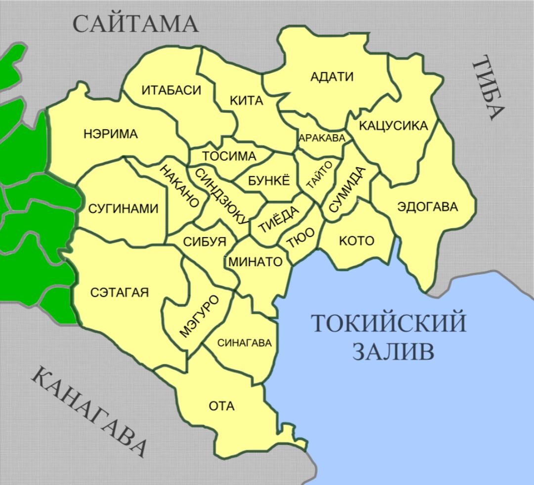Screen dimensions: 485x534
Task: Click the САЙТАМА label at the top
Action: [x=136, y=24]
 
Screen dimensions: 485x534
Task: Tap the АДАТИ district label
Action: [x=332, y=77]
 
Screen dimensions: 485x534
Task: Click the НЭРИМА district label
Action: [x=111, y=134]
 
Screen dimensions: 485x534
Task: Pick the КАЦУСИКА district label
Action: [x=393, y=126]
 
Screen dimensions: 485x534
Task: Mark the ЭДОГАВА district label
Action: [x=428, y=207]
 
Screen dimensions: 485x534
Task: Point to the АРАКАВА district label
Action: [x=322, y=139]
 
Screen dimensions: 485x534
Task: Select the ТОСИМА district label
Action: [x=229, y=156]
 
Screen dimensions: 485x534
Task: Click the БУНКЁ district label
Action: [x=269, y=180]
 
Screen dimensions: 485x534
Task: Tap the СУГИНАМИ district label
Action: [x=123, y=209]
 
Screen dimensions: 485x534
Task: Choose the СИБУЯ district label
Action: [x=204, y=242]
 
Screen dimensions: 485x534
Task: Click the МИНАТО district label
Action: [x=255, y=262]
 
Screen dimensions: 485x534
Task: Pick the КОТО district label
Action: [x=356, y=241]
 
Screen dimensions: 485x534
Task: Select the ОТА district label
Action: [x=222, y=406]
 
